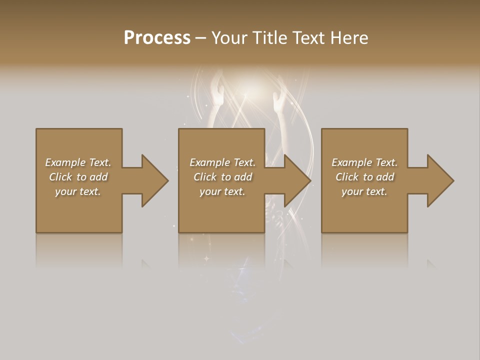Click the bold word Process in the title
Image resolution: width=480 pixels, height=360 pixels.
(x=157, y=38)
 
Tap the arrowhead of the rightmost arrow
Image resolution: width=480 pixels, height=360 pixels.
(x=439, y=180)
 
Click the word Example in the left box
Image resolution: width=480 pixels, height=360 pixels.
(x=65, y=162)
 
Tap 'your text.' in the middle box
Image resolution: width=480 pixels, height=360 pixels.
(x=222, y=191)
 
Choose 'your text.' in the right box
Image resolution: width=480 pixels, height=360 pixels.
(x=364, y=191)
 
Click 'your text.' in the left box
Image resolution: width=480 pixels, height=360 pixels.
(x=77, y=191)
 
